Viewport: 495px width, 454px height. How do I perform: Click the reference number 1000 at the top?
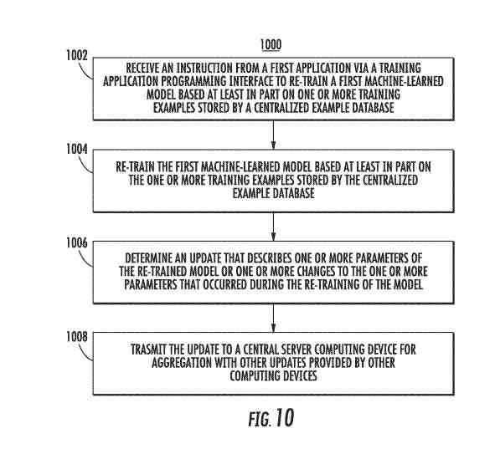(271, 45)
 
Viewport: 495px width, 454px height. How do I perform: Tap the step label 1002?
(77, 56)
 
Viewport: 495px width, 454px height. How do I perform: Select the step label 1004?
(77, 149)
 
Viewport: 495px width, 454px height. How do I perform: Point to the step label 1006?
(77, 243)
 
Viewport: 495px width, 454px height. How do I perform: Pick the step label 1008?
(77, 337)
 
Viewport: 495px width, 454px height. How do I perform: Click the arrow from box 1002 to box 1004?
(273, 135)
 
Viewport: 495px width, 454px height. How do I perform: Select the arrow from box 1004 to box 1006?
(273, 227)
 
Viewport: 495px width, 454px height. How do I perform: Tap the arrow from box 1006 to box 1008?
(273, 318)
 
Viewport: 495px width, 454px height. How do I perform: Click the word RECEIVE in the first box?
(142, 68)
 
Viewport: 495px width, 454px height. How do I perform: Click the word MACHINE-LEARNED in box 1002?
(405, 81)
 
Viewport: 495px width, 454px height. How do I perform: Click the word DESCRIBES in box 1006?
(270, 258)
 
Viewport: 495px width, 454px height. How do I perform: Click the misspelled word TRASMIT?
(148, 349)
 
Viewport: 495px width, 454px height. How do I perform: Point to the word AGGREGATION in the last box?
(182, 363)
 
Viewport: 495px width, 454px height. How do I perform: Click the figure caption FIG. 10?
(271, 418)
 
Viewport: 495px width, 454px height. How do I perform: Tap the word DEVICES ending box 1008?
(300, 376)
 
